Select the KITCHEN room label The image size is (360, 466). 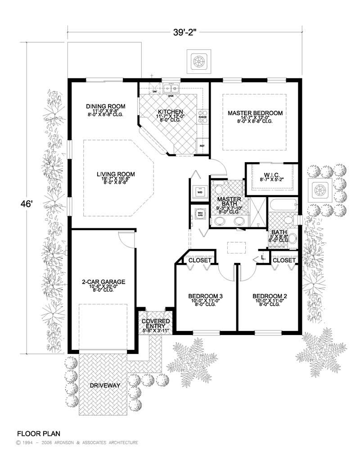click(x=170, y=112)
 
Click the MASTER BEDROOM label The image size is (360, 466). click(x=255, y=113)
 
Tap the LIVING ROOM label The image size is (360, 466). click(x=113, y=174)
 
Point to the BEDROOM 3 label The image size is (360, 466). click(x=205, y=296)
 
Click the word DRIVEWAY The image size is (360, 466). click(x=104, y=386)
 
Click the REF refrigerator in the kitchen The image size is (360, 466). click(x=202, y=146)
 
